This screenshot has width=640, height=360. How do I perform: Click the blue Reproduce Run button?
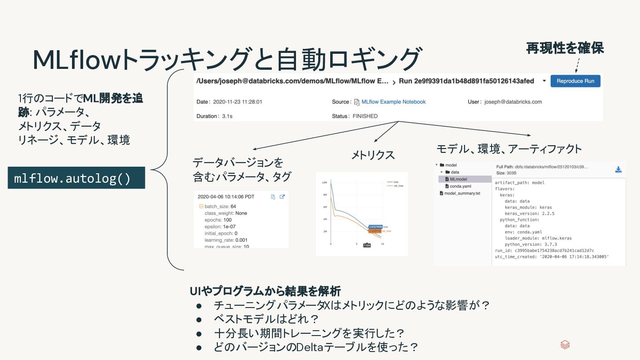[575, 81]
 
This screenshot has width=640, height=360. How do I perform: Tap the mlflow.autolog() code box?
[76, 178]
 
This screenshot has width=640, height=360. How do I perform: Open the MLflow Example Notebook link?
[393, 102]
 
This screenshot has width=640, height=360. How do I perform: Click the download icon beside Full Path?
[618, 170]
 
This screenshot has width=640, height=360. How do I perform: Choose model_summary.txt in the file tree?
[462, 193]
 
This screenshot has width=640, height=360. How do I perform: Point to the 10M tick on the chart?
[324, 183]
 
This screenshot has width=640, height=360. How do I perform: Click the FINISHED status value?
[365, 116]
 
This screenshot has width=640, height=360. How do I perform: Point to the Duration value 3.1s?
[227, 116]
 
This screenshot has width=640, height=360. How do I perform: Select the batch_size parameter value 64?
[233, 206]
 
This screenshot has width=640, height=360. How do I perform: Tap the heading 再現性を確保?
[565, 48]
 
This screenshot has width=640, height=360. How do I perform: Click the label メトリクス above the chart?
[373, 155]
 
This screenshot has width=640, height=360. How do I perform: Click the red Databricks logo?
[565, 345]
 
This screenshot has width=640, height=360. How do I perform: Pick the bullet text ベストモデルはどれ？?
[267, 319]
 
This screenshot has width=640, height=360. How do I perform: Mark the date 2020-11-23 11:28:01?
[238, 102]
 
